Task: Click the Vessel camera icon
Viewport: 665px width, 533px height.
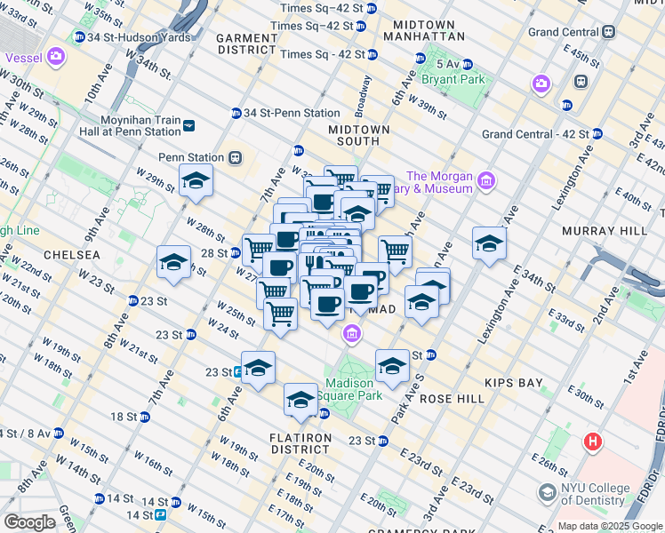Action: point(56,58)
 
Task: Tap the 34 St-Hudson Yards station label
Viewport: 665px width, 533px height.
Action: point(124,38)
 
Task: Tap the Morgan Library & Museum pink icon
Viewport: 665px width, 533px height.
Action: point(485,182)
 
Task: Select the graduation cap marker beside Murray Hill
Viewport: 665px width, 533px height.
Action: point(489,243)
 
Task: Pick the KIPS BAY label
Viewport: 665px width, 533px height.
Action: point(513,383)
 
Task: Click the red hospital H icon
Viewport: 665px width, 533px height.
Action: point(592,442)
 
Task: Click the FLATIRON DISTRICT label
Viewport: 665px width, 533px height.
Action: point(300,438)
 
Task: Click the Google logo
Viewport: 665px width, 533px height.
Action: point(29,522)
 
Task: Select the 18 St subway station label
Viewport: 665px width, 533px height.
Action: point(124,417)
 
